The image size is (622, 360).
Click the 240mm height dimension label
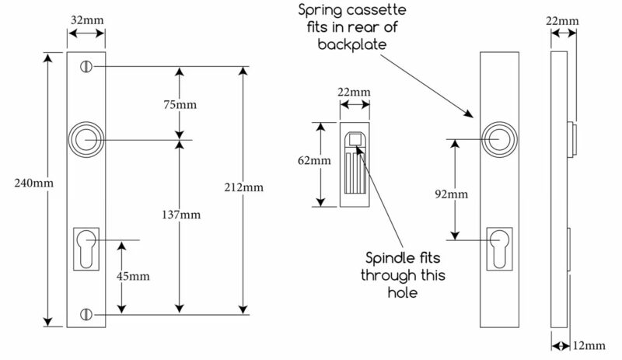coord(33,183)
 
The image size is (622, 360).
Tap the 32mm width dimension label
coord(87,20)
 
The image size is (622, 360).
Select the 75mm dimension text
coord(180,105)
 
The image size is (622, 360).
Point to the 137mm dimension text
coord(181,215)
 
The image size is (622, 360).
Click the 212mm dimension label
coord(244,187)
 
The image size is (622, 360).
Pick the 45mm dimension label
coord(133,276)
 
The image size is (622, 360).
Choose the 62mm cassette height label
coord(314,161)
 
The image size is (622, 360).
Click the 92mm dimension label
coord(452,194)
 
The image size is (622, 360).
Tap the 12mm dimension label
coord(589,346)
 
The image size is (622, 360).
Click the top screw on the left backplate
coord(86,67)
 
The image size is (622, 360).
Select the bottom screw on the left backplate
coord(86,314)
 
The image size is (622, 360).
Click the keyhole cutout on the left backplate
coord(86,249)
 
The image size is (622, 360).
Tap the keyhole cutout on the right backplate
coord(499,249)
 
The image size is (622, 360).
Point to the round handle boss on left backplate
coord(86,140)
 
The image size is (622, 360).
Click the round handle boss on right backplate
coord(499,140)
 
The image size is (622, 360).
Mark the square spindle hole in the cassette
coord(355,140)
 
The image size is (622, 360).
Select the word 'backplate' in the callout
coord(352,44)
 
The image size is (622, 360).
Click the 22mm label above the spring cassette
coord(355,92)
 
